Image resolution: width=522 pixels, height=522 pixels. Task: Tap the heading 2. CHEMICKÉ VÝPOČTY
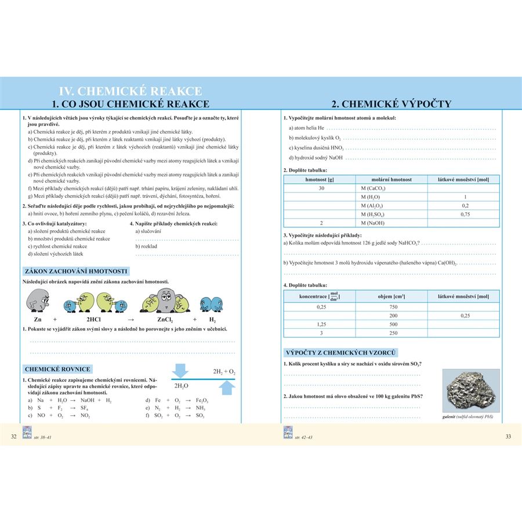click(390, 104)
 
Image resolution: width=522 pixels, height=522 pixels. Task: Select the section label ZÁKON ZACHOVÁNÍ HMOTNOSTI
click(75, 271)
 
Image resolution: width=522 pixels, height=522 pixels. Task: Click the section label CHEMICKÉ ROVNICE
click(61, 369)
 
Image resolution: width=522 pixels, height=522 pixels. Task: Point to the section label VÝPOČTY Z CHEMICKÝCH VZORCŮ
click(340, 353)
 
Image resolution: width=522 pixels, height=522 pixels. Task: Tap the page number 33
click(508, 436)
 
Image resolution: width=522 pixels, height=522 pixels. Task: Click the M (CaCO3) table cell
click(373, 188)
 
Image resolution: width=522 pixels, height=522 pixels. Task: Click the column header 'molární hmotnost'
click(391, 180)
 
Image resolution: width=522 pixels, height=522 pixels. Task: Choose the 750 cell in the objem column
click(393, 307)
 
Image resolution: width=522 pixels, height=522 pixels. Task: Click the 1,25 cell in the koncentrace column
click(320, 324)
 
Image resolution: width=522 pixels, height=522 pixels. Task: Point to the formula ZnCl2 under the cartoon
click(166, 320)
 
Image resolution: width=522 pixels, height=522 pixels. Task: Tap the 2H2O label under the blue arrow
click(182, 385)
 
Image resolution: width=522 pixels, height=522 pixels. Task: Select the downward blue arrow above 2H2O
click(182, 369)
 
